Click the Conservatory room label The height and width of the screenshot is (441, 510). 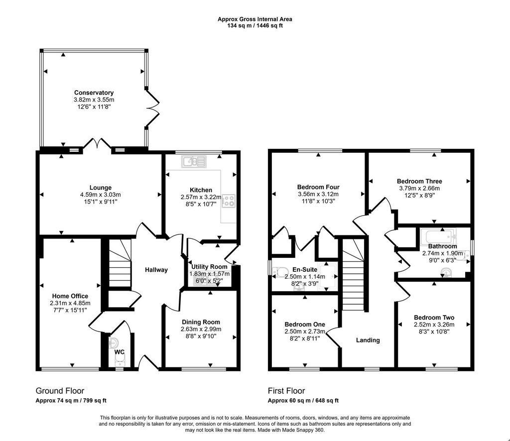[94, 93]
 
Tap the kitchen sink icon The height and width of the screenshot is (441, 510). [195, 161]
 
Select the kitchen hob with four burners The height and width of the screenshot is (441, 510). [228, 201]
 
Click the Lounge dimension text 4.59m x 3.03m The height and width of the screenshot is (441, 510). [101, 195]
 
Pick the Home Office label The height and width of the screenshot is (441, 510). [70, 296]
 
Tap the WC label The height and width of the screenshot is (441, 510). [120, 352]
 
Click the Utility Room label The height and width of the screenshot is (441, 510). [210, 267]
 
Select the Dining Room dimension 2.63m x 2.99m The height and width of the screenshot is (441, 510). [201, 329]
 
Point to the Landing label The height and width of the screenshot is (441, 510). [368, 340]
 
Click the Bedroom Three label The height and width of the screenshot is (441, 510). [419, 181]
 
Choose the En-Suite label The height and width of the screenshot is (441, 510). [305, 269]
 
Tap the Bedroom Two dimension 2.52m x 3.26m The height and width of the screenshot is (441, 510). [434, 325]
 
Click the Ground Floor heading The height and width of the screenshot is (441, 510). [60, 391]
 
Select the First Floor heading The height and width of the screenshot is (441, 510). [286, 391]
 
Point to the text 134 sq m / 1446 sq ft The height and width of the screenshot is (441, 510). [255, 26]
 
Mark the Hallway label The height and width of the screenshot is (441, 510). [156, 270]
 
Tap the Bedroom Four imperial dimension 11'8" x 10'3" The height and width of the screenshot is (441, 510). [318, 201]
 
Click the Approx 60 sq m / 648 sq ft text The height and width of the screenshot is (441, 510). [303, 400]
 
